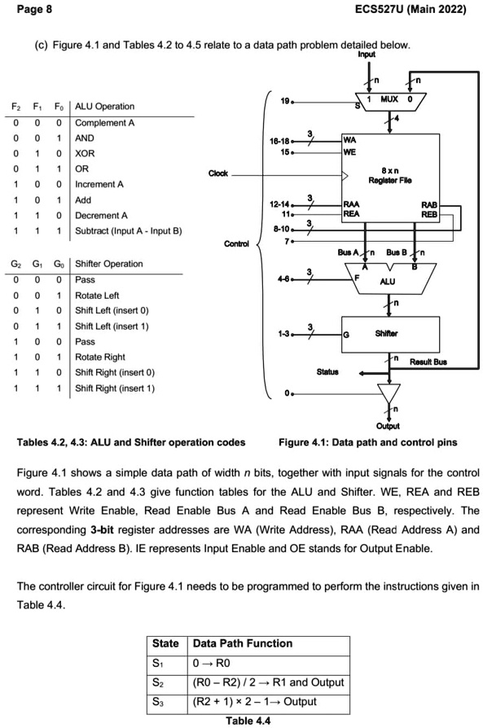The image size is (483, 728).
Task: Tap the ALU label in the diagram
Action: pyautogui.click(x=388, y=282)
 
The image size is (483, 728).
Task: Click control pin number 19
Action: pyautogui.click(x=284, y=102)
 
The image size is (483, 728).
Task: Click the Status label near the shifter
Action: pyautogui.click(x=327, y=371)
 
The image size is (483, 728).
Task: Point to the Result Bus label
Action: pyautogui.click(x=428, y=361)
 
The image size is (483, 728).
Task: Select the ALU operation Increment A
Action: pyautogui.click(x=99, y=184)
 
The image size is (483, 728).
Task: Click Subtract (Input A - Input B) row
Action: pyautogui.click(x=128, y=230)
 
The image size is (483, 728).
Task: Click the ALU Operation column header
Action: pyautogui.click(x=105, y=107)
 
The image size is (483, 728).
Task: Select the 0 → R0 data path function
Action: pyautogui.click(x=213, y=662)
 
